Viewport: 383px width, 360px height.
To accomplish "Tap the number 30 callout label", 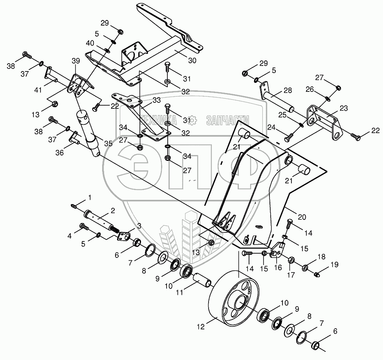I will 192,61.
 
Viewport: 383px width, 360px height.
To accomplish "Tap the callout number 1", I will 90,196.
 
